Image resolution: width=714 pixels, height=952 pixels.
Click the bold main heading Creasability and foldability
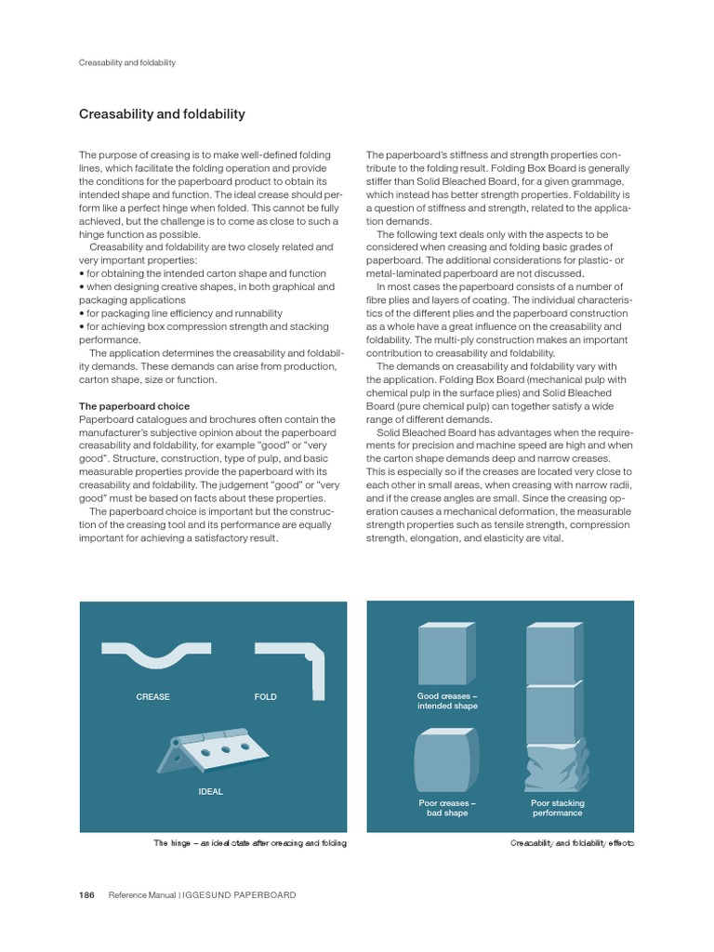[162, 114]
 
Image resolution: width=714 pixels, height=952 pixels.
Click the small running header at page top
[127, 63]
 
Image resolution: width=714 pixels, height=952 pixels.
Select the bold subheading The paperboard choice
[134, 406]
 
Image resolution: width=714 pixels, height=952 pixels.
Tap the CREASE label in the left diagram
[152, 696]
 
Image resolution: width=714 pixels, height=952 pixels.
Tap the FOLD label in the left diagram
[266, 696]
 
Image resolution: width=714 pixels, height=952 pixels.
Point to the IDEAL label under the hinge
[210, 792]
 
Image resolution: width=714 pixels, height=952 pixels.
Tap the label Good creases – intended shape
[447, 701]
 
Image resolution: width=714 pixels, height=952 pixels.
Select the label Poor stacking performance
[557, 808]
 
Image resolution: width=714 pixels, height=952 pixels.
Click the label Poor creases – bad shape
[447, 808]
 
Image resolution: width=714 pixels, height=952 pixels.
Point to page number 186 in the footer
[86, 895]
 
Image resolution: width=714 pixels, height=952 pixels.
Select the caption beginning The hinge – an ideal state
[250, 843]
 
